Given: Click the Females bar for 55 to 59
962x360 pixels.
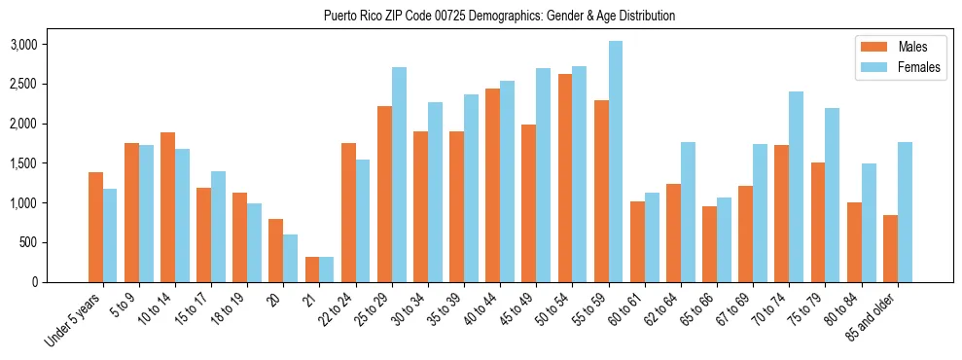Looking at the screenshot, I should pyautogui.click(x=616, y=162).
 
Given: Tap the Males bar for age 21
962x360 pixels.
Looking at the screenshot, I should pyautogui.click(x=312, y=270).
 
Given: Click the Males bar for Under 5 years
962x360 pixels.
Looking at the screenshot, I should pyautogui.click(x=95, y=227).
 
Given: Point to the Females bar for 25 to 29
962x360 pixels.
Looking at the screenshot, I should pyautogui.click(x=399, y=174).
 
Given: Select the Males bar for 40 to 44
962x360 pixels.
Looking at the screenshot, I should pyautogui.click(x=493, y=185).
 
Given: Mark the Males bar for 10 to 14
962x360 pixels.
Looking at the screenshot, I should pyautogui.click(x=167, y=207).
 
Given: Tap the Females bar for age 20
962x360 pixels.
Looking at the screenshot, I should pyautogui.click(x=290, y=258).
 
